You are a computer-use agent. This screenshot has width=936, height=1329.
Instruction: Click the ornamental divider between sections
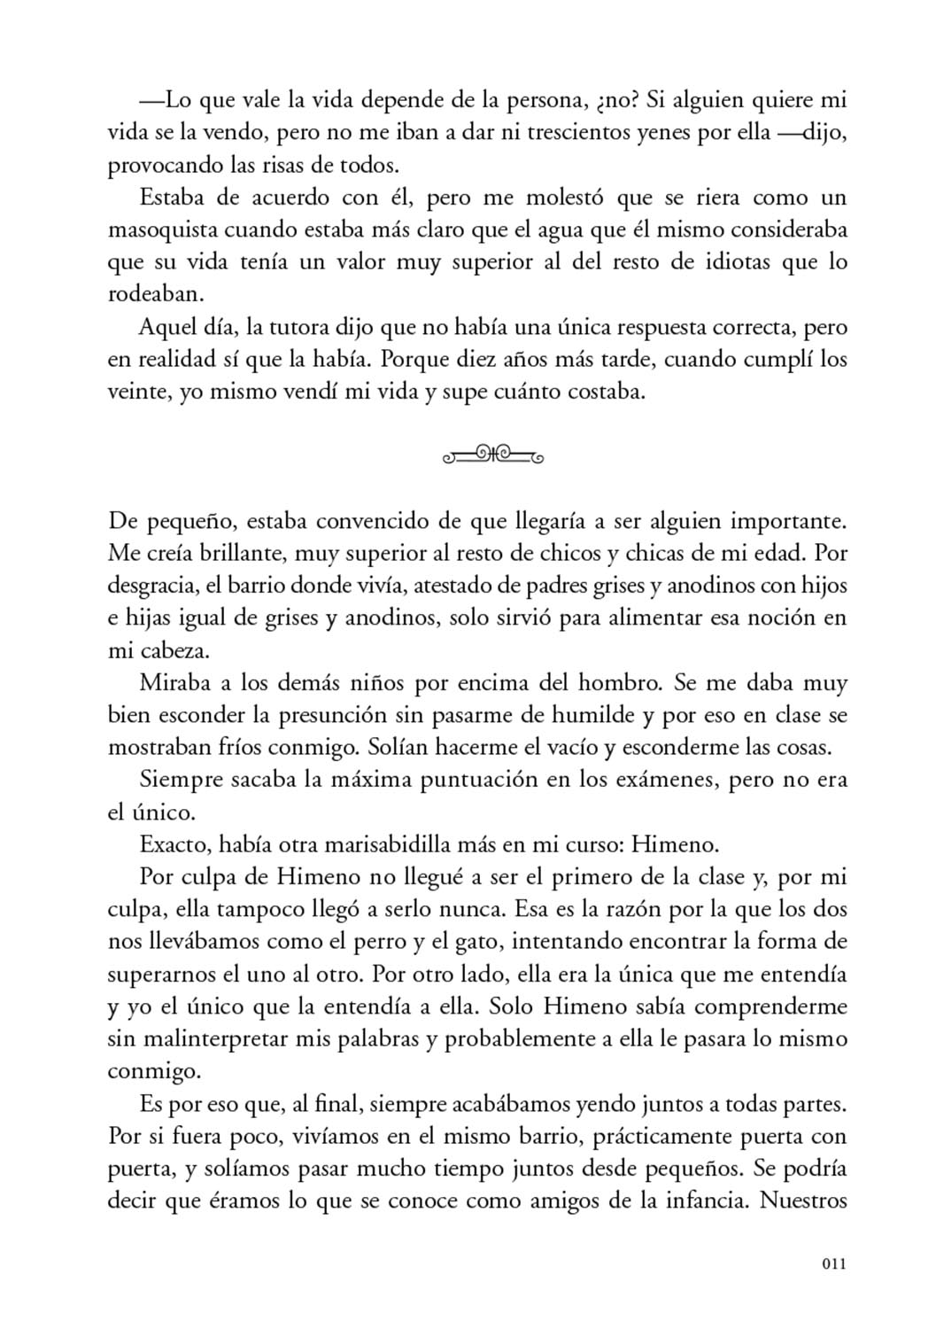pyautogui.click(x=492, y=456)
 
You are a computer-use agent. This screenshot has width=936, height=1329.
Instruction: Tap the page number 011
pyautogui.click(x=834, y=1264)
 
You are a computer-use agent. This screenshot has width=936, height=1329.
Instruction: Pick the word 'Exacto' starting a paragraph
pyautogui.click(x=171, y=844)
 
